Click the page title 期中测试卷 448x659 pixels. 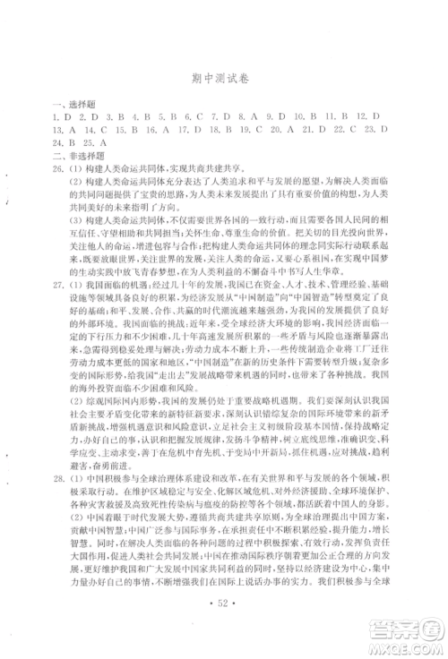(x=223, y=78)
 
